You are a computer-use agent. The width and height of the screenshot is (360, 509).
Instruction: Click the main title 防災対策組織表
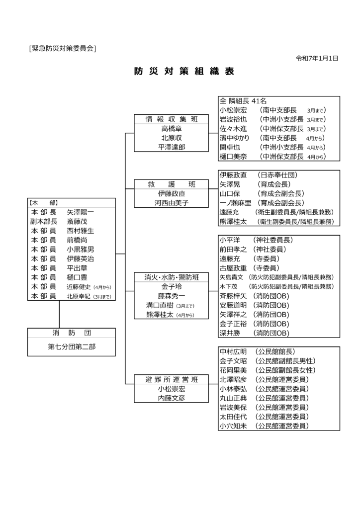(x=184, y=71)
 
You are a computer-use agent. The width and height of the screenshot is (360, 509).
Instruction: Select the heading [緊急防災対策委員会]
(x=62, y=48)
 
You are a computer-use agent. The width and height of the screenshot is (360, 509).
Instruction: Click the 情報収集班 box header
(x=171, y=119)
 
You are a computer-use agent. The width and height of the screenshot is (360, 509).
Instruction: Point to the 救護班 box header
(x=171, y=184)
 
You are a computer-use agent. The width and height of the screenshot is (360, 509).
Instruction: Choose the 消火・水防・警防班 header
(x=171, y=277)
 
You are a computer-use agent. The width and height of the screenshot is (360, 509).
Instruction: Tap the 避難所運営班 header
(x=171, y=380)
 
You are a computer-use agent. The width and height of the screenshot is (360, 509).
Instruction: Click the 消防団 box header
(x=72, y=333)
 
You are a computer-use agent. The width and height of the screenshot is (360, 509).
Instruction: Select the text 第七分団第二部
(x=72, y=346)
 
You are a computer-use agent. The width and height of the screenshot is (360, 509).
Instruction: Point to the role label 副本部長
(x=44, y=221)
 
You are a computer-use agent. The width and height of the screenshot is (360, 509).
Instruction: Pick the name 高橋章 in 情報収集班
(x=171, y=128)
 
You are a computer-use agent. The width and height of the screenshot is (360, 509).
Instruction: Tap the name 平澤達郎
(x=171, y=147)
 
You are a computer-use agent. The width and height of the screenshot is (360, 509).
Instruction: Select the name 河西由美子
(x=171, y=203)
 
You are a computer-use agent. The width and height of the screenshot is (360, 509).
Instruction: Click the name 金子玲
(x=171, y=287)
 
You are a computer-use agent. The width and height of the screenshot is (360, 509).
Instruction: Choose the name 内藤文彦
(x=171, y=398)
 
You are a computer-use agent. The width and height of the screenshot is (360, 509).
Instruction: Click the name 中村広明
(x=233, y=352)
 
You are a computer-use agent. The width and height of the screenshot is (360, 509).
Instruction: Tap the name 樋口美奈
(x=233, y=156)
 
